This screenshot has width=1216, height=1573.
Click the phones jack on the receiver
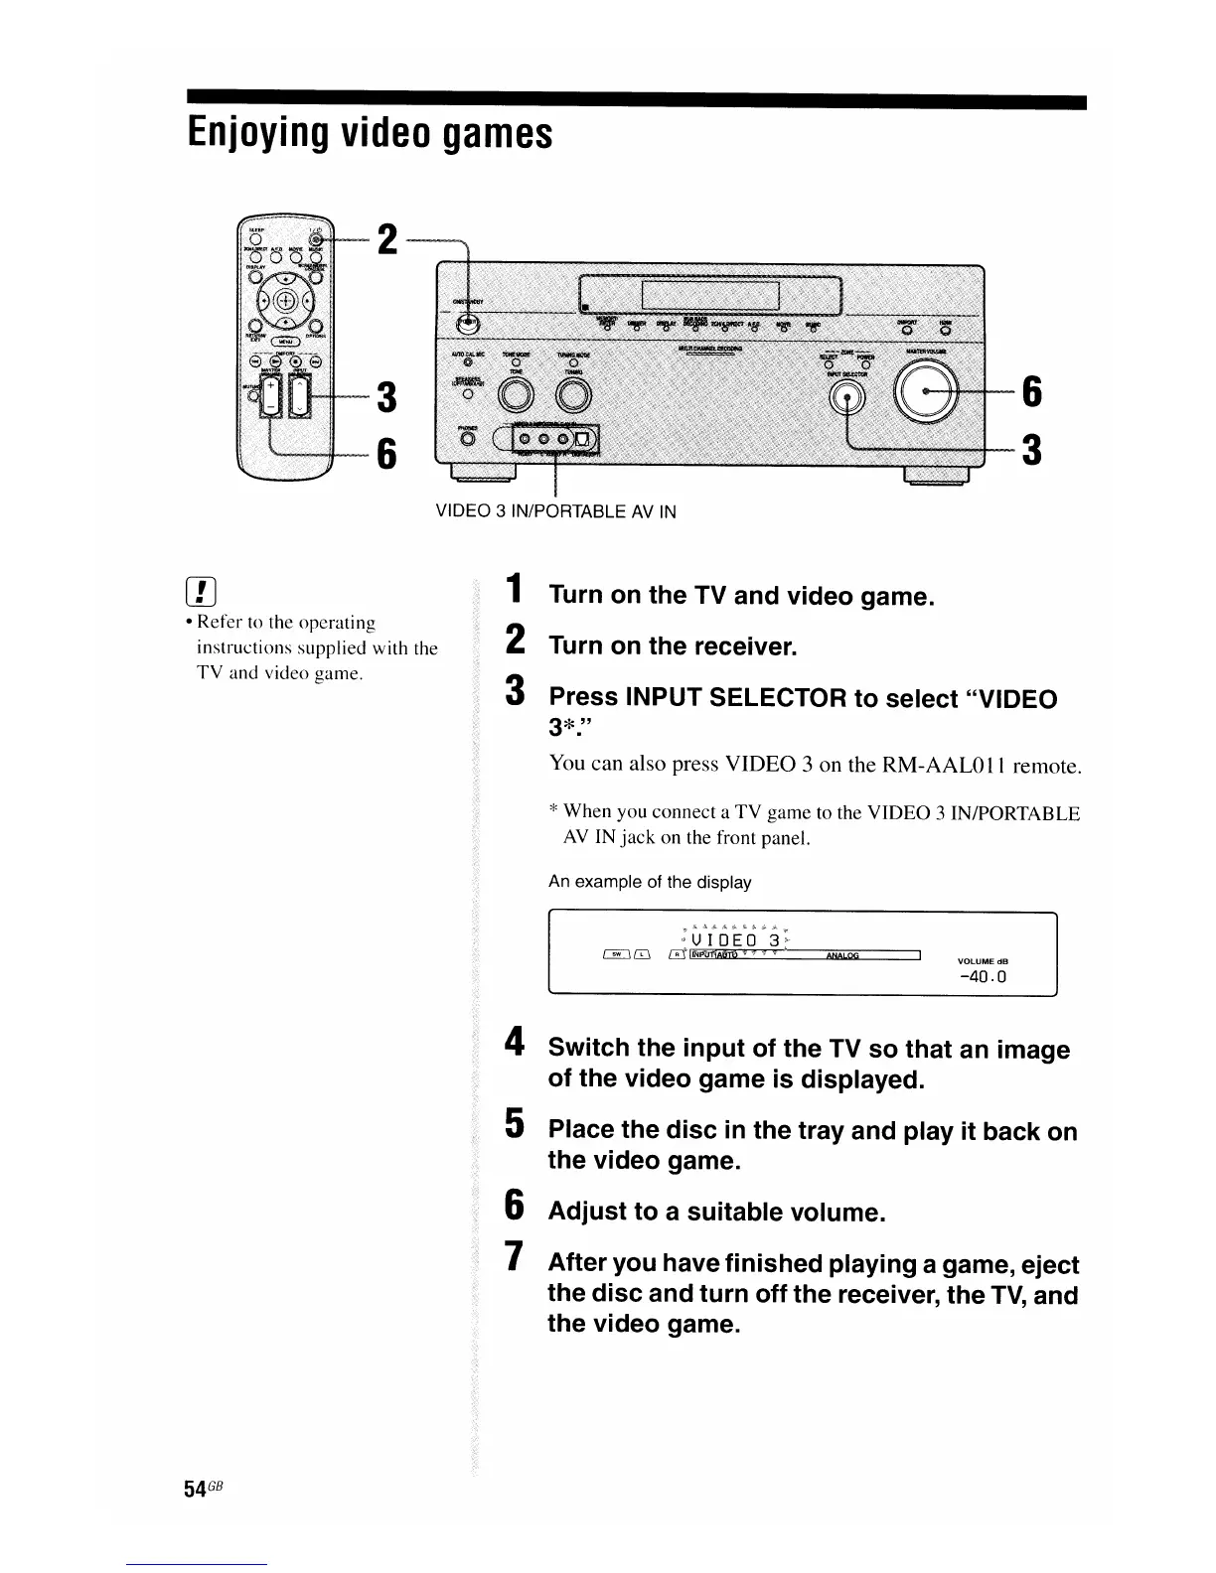tap(468, 438)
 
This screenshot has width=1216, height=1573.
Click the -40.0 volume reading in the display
tap(984, 977)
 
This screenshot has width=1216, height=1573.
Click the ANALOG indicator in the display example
tap(842, 956)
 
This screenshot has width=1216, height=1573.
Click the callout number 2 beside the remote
tap(388, 239)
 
